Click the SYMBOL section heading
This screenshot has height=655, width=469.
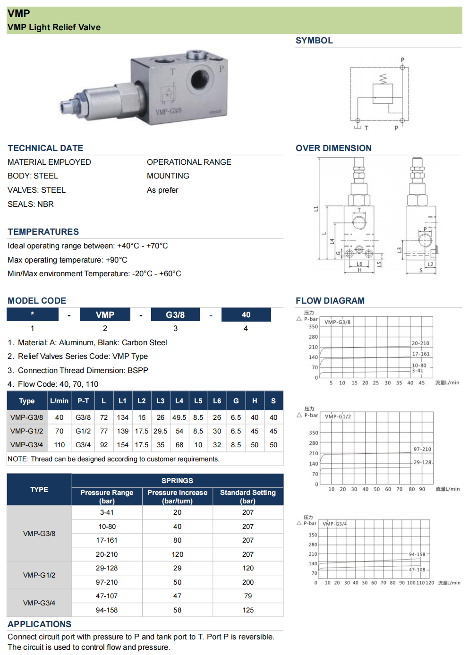point(314,41)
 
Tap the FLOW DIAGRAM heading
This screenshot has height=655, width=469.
point(330,301)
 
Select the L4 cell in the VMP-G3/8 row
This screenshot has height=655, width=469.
point(179,417)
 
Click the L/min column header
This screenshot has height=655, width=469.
point(59,401)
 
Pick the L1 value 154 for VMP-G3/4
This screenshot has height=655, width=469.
point(122,445)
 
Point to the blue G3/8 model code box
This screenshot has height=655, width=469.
point(175,315)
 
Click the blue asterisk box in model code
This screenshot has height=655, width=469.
point(32,315)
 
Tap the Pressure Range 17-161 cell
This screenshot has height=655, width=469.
point(107,540)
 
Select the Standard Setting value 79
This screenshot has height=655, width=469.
point(248,596)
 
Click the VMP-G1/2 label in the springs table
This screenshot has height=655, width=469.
point(39,575)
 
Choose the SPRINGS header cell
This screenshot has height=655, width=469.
point(177,481)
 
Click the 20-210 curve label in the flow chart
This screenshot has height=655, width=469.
point(420,343)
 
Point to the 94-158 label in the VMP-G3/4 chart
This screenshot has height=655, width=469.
point(417,554)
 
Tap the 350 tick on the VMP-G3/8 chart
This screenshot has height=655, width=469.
point(313,327)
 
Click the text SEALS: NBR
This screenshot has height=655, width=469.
point(31,204)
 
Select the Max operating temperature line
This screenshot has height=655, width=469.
point(68,260)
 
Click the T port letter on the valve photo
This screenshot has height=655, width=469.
point(172,72)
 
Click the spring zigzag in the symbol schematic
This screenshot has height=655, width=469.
point(383,78)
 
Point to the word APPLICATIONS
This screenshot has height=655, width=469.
point(40,624)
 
